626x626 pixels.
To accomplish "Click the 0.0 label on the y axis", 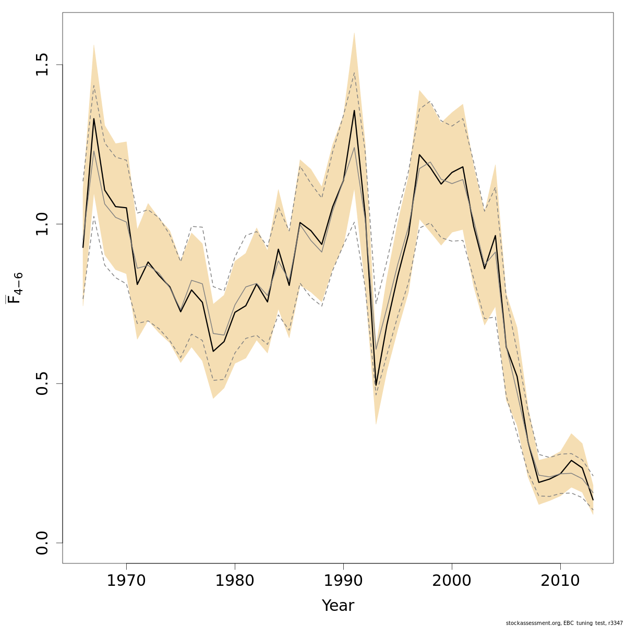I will tap(42, 543).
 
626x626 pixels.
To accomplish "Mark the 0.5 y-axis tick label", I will tap(42, 383).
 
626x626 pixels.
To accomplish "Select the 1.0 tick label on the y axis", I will tap(42, 224).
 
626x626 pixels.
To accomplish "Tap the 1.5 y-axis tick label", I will tap(42, 65).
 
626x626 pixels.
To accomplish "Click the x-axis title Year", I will tap(338, 606).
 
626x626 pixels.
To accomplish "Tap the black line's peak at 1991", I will tap(354, 110).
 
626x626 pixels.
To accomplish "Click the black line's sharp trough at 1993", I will tap(376, 385).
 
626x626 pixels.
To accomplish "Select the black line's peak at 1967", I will tap(94, 118).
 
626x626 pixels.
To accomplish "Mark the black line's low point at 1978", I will tap(213, 351).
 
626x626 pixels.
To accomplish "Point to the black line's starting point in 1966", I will tap(83, 247).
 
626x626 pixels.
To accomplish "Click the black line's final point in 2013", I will tap(593, 500).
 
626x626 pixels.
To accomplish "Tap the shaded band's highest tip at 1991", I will tap(354, 32).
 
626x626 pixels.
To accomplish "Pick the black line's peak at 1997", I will tap(419, 154).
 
